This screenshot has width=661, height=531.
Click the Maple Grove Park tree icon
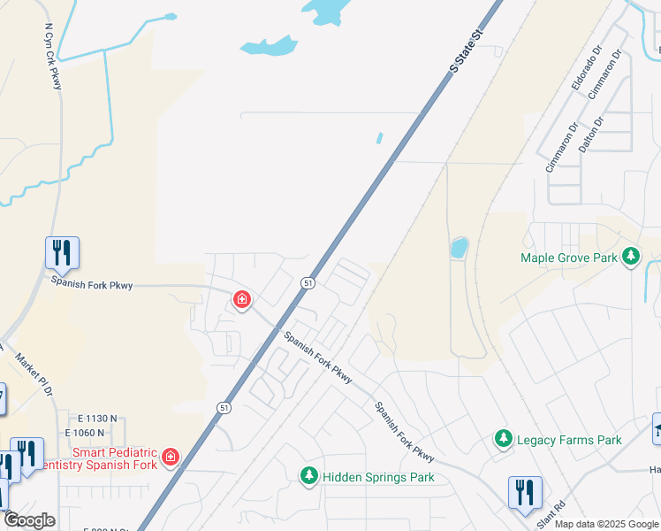tap(630, 258)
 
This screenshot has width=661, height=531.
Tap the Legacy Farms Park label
tap(569, 440)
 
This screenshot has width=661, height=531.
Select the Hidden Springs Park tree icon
tap(309, 476)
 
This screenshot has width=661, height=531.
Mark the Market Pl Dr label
tap(34, 373)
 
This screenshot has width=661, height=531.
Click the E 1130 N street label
tap(96, 418)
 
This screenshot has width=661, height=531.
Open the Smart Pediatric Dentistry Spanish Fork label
tap(114, 458)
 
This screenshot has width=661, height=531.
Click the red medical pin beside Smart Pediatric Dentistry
tap(170, 458)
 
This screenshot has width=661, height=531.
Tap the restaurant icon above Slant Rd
tap(525, 492)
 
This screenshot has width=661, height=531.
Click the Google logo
tap(28, 520)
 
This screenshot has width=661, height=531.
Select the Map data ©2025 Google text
tap(606, 524)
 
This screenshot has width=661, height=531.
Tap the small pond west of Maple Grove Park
tap(459, 247)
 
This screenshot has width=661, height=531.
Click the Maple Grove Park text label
tap(568, 258)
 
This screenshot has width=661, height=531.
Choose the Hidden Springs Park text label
tap(378, 477)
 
